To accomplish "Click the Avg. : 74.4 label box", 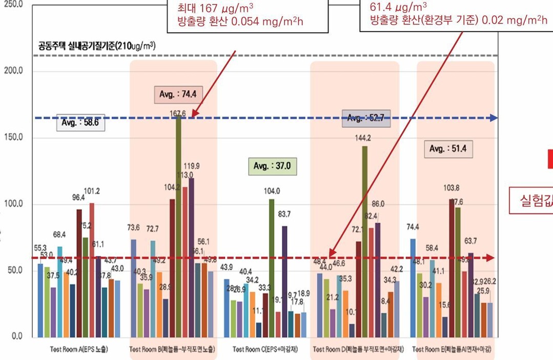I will pyautogui.click(x=175, y=94).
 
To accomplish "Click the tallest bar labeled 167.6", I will pyautogui.click(x=178, y=226).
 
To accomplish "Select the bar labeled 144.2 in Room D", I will pyautogui.click(x=365, y=241).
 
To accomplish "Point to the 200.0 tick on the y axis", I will pyautogui.click(x=14, y=71).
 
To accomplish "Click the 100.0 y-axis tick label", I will pyautogui.click(x=14, y=204).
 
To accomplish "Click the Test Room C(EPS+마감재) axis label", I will pyautogui.click(x=264, y=350).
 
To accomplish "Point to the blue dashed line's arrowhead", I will pyautogui.click(x=494, y=118).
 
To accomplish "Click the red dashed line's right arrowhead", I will pyautogui.click(x=491, y=257).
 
